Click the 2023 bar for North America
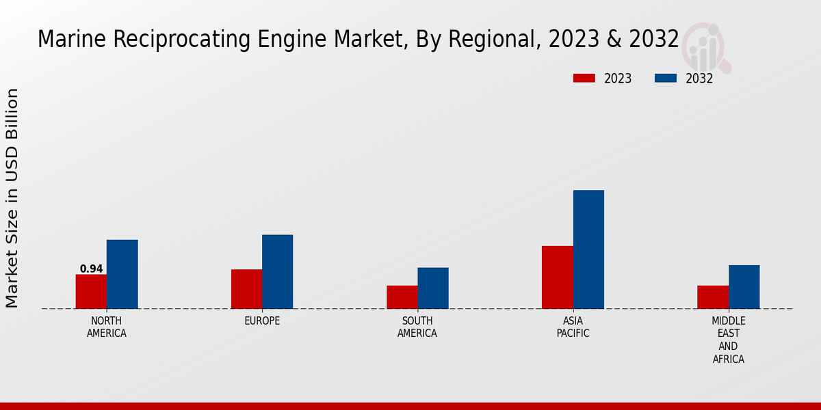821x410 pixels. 91,292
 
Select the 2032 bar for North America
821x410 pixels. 122,274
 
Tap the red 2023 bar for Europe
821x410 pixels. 246,289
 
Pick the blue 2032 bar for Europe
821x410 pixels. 277,272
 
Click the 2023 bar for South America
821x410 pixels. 402,297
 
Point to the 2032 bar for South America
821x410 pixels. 433,288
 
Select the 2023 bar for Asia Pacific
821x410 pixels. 557,277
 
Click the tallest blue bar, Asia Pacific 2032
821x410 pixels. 588,249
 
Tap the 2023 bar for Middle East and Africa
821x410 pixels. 713,297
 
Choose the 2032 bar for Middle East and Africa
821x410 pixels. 744,287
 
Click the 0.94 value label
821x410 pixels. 91,269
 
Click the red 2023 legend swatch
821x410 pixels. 584,79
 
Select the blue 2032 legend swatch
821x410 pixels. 666,79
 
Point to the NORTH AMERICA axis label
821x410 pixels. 107,327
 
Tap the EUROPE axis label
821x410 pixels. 262,321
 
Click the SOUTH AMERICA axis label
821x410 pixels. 417,327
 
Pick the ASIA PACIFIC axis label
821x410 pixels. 573,327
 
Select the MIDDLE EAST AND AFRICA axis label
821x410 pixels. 728,340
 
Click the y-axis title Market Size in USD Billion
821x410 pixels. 12,198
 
